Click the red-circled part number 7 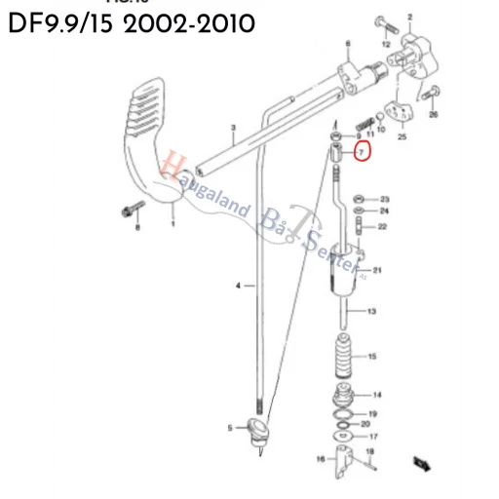(x=362, y=153)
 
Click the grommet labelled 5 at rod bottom (x=258, y=429)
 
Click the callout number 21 (x=377, y=270)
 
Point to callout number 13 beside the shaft (x=371, y=312)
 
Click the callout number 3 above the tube (x=233, y=129)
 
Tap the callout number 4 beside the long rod (x=237, y=286)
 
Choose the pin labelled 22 (x=363, y=228)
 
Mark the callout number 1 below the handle (x=173, y=224)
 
